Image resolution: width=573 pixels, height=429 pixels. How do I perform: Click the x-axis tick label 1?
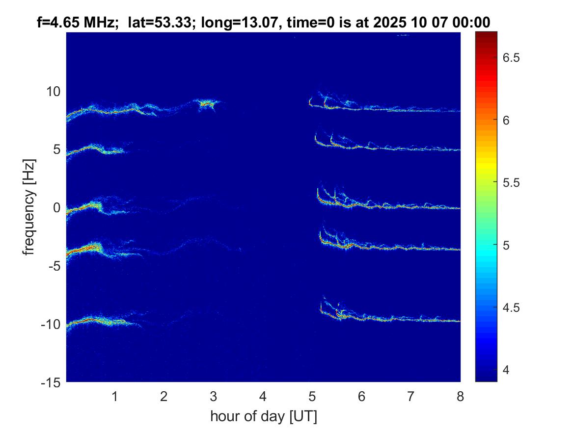pos(115,396)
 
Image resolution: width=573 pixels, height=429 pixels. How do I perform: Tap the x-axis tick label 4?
pos(263,396)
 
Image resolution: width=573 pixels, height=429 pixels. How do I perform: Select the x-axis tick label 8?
pos(460,396)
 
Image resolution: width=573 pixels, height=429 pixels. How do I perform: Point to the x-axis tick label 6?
pos(361,396)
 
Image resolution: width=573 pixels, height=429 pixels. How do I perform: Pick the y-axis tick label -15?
pos(49,382)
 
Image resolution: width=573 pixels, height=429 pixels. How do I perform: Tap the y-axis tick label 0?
pos(56,208)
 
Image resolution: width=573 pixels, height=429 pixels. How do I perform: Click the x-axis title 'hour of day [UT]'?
pos(263,417)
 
